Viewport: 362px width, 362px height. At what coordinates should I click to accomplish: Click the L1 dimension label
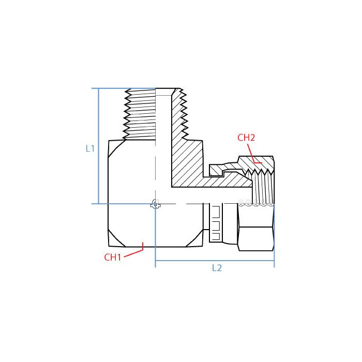click(90, 148)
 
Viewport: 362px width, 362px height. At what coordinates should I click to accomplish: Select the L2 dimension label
click(217, 268)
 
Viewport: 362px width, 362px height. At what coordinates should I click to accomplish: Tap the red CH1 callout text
click(113, 257)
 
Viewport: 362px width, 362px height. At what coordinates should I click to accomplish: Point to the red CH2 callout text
click(246, 138)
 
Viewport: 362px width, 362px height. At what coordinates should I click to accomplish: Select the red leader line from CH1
click(133, 252)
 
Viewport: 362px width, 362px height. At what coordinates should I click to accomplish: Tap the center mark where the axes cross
click(155, 204)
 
